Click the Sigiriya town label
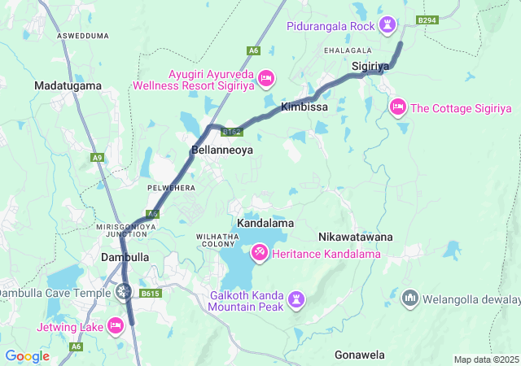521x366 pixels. click(x=372, y=64)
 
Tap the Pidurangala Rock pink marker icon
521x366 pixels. click(x=387, y=26)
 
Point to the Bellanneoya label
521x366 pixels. click(x=222, y=150)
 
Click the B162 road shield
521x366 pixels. click(x=232, y=131)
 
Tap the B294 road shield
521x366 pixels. click(x=427, y=20)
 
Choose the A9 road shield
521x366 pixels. click(x=99, y=157)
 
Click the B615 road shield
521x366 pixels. click(x=149, y=294)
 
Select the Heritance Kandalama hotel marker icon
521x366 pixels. click(x=260, y=255)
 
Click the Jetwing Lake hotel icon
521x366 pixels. click(x=115, y=327)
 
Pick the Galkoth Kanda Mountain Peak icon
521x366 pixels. click(x=296, y=301)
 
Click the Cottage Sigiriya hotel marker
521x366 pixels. click(x=398, y=107)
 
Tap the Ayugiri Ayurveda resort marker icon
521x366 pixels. click(x=266, y=79)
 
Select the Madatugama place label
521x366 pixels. click(x=68, y=85)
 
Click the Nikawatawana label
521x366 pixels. click(x=355, y=237)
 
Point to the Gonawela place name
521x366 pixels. click(x=359, y=355)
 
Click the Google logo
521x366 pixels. click(x=27, y=356)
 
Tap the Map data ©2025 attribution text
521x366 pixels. click(x=486, y=359)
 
